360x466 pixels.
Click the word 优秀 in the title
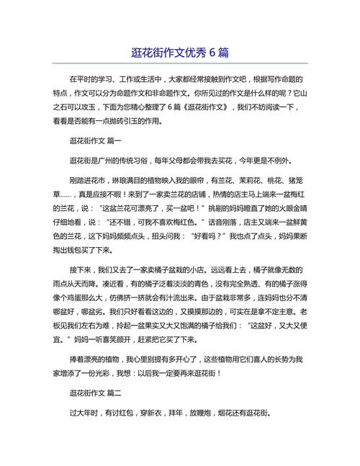click(x=189, y=53)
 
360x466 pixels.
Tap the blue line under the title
click(x=180, y=64)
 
